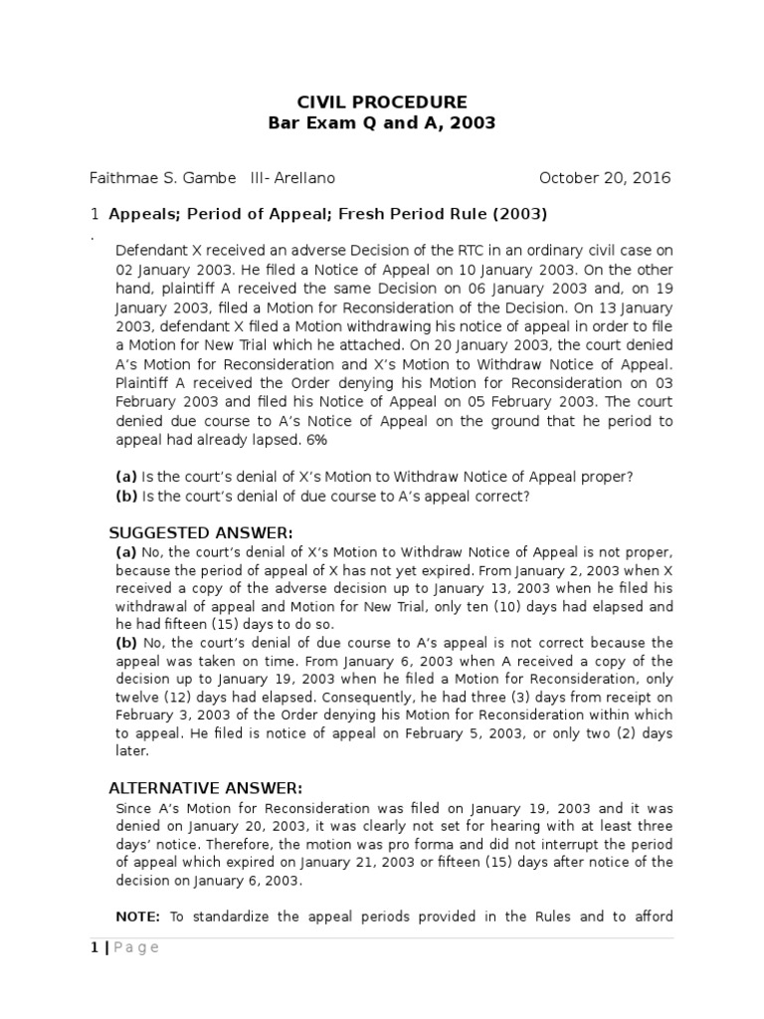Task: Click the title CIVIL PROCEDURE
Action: [x=382, y=102]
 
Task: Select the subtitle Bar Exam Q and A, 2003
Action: [x=382, y=123]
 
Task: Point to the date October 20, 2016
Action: [x=605, y=178]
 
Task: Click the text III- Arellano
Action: [x=294, y=178]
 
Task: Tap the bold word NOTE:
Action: [x=137, y=917]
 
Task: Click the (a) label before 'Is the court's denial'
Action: [x=126, y=477]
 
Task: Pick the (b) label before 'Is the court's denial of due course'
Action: [x=126, y=496]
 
